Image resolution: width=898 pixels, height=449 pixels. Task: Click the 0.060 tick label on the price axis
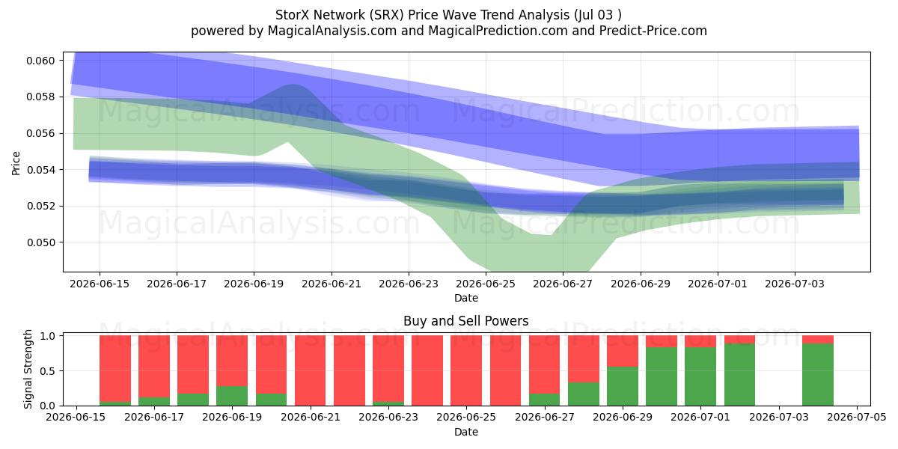point(40,61)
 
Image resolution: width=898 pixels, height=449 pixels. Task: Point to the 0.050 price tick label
point(40,242)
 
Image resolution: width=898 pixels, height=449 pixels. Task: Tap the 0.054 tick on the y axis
point(40,170)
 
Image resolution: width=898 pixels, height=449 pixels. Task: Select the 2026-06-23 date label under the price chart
point(409,284)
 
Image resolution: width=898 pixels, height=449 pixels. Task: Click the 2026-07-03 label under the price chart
point(795,284)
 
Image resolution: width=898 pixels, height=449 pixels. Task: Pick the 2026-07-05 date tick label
point(857,417)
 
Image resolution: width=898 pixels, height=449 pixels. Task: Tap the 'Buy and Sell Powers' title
point(465,321)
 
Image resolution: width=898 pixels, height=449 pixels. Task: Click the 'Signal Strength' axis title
point(28,369)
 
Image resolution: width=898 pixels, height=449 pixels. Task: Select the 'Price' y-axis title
point(16,163)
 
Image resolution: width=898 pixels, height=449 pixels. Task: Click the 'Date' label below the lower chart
point(465,432)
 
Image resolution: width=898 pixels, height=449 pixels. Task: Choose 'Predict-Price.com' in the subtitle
point(653,31)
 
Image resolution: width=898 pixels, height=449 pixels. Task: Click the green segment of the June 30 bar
point(661,376)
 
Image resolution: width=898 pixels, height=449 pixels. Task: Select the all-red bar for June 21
point(311,370)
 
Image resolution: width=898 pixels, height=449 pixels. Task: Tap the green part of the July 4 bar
point(818,374)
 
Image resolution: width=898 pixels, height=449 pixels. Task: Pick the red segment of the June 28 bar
point(583,358)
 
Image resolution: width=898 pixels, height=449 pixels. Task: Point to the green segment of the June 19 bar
point(232,396)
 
